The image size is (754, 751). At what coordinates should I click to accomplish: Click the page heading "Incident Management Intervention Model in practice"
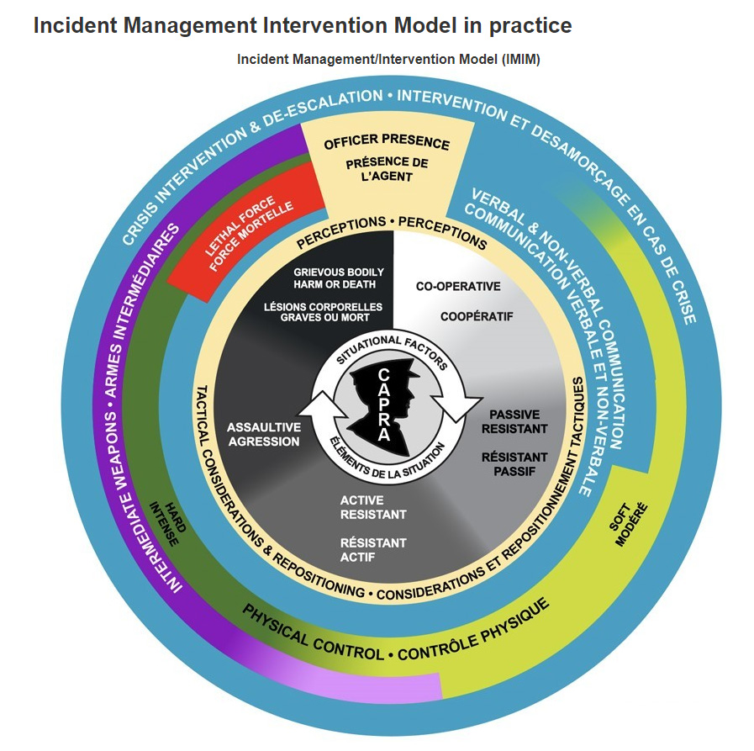point(302,26)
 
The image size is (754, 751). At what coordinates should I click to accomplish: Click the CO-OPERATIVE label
point(458,286)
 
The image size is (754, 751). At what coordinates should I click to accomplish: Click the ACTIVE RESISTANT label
point(373,507)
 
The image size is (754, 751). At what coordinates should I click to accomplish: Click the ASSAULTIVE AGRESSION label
point(263,434)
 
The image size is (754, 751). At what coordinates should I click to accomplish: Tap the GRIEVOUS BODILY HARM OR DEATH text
point(339,277)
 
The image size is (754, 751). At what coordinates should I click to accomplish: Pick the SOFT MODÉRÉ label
point(629,526)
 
